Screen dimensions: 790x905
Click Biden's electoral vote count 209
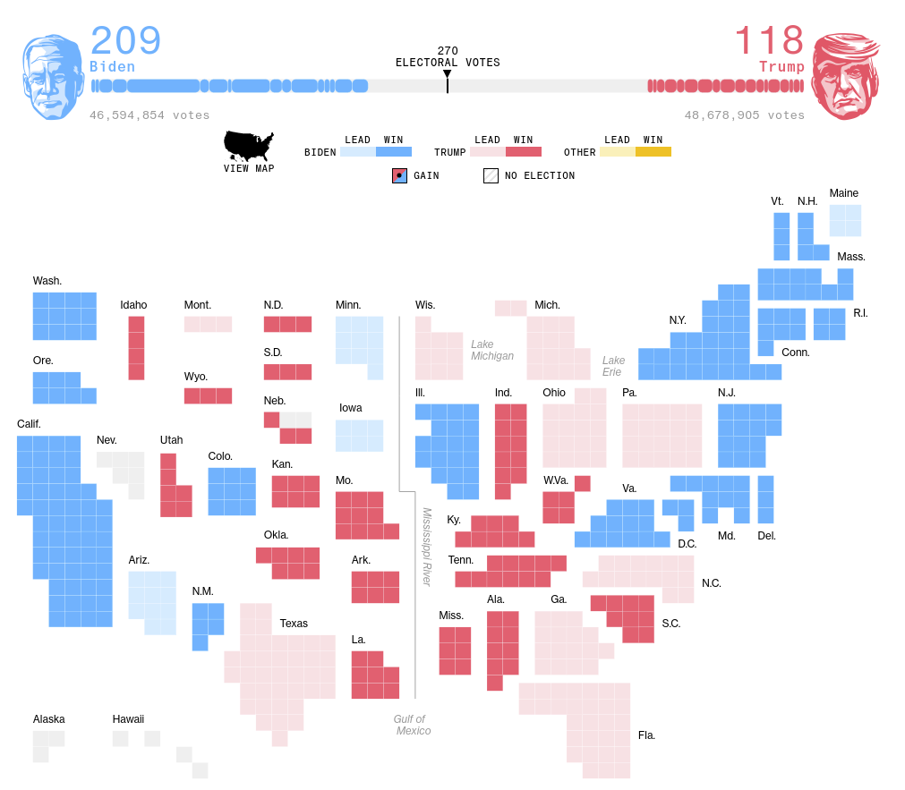point(125,41)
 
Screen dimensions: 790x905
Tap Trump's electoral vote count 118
point(769,41)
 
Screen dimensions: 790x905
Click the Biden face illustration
point(53,77)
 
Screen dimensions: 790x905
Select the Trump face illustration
point(844,77)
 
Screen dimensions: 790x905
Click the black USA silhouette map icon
point(249,146)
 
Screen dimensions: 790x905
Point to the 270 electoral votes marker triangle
point(448,74)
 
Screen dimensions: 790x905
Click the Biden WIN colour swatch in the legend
point(394,152)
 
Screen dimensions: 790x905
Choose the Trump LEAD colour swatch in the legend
point(488,152)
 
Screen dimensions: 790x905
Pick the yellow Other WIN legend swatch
point(653,152)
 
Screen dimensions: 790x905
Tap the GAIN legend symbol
point(400,176)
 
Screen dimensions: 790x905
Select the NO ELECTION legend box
point(491,176)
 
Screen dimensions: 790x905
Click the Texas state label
point(294,624)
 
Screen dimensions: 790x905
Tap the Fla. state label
point(646,735)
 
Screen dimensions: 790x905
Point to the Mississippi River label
point(427,547)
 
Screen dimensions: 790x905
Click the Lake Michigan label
point(492,350)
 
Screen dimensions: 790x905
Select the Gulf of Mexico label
point(412,725)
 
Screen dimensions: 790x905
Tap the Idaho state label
point(133,305)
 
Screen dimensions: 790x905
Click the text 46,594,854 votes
point(149,115)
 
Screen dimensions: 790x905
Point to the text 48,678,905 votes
point(744,115)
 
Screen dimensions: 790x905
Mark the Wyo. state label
point(196,377)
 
